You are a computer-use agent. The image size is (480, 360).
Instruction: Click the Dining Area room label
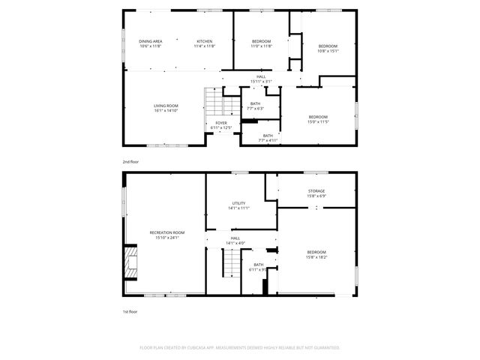click(150, 43)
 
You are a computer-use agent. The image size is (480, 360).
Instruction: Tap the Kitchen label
click(204, 43)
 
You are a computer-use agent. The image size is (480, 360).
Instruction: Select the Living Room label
click(166, 108)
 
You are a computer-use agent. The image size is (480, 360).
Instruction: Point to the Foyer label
click(221, 124)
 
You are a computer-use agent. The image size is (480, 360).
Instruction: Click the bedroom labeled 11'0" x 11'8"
click(260, 43)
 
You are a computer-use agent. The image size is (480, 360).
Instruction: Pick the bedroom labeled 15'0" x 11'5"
click(317, 118)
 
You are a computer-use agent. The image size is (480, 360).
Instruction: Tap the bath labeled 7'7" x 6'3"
click(256, 106)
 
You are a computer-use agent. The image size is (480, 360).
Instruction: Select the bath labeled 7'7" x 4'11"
click(268, 137)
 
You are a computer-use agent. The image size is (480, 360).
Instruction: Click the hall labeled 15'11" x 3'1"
click(260, 79)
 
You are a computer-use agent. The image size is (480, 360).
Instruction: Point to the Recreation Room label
click(166, 235)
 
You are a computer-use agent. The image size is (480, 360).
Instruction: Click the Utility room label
click(238, 205)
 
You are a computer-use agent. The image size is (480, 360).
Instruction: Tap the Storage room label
click(316, 193)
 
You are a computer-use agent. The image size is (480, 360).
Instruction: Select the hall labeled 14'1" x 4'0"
click(235, 241)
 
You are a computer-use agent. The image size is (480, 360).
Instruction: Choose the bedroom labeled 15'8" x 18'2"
click(316, 254)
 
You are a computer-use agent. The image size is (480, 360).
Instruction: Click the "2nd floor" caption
click(130, 161)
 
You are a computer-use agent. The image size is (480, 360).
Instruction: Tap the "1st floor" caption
click(130, 311)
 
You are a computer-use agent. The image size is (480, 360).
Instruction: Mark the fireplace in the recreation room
click(131, 262)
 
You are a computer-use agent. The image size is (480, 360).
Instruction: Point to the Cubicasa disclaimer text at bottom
click(240, 347)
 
